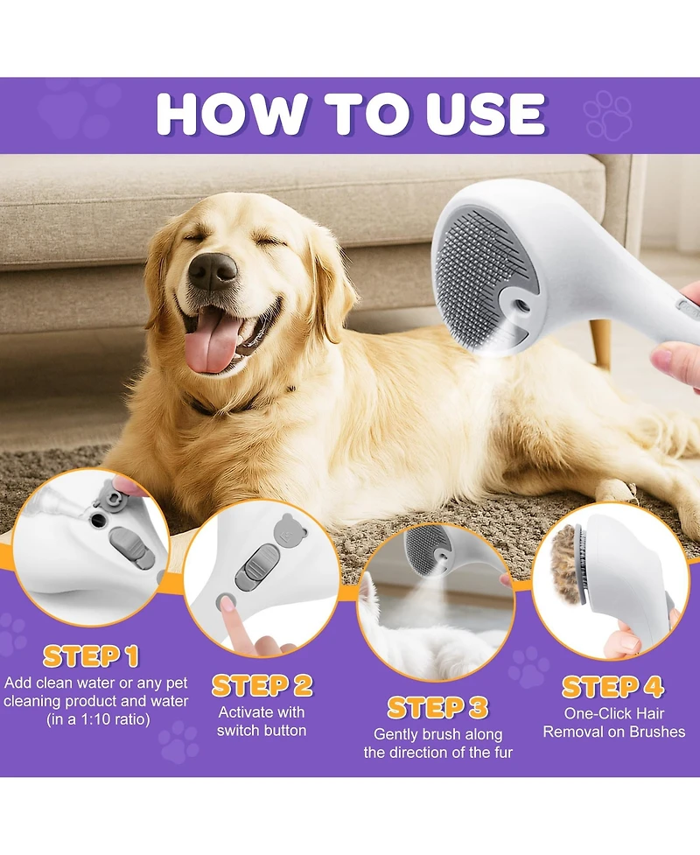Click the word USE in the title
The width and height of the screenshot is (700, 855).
coord(475,114)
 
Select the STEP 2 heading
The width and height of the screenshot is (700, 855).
coord(262,685)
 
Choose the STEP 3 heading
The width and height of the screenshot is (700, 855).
coord(437,707)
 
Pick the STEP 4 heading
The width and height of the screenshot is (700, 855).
coord(612,686)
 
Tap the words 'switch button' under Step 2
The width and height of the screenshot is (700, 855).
coord(262,730)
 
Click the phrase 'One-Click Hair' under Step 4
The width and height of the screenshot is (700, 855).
coord(613,713)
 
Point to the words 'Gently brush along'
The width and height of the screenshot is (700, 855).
coord(437,734)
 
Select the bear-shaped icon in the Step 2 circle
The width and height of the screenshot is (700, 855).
coord(285,529)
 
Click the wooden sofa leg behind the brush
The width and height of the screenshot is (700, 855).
coord(601,343)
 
